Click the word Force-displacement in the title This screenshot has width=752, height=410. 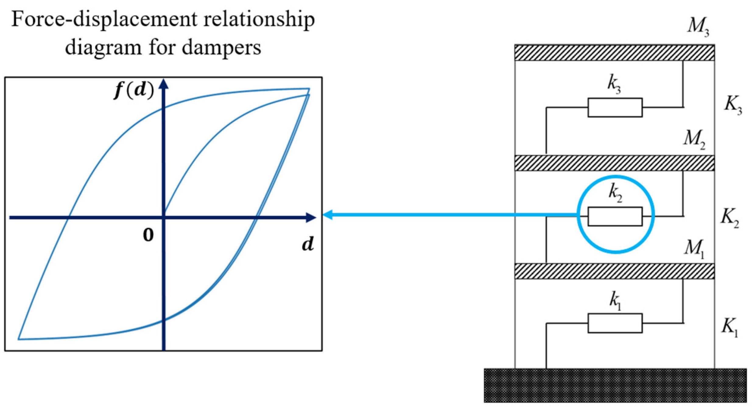[x=104, y=20]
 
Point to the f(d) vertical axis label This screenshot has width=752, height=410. [x=134, y=90]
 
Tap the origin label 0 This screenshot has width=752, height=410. [x=148, y=235]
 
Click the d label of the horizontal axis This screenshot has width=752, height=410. [x=308, y=244]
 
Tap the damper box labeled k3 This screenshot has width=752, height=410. [x=615, y=107]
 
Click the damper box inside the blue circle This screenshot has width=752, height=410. [x=615, y=217]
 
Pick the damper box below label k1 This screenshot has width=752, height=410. [x=615, y=323]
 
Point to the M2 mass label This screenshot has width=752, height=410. [x=694, y=140]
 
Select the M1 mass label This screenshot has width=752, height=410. [x=694, y=248]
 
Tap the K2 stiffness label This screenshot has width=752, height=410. [x=730, y=218]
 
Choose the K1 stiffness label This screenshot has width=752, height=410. [x=729, y=327]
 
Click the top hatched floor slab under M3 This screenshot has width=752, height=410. [x=614, y=53]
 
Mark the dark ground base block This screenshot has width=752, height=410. [x=615, y=385]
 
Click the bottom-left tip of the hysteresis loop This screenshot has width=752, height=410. [x=19, y=339]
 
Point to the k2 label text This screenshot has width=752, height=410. [x=615, y=194]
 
